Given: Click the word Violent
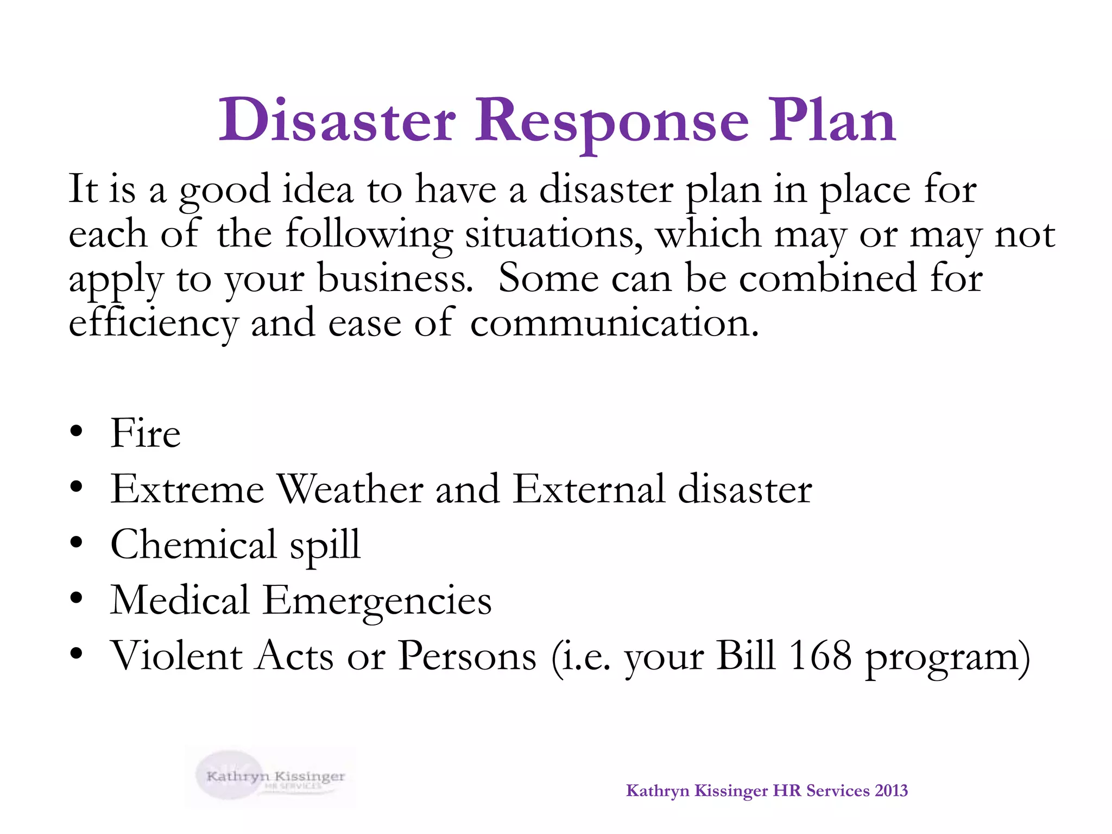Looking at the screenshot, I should click(x=177, y=656).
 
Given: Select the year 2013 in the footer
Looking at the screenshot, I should click(x=891, y=791).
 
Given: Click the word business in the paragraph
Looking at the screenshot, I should click(x=395, y=278).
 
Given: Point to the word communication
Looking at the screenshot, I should click(x=614, y=323).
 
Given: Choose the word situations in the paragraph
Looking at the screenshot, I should click(x=554, y=234).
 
